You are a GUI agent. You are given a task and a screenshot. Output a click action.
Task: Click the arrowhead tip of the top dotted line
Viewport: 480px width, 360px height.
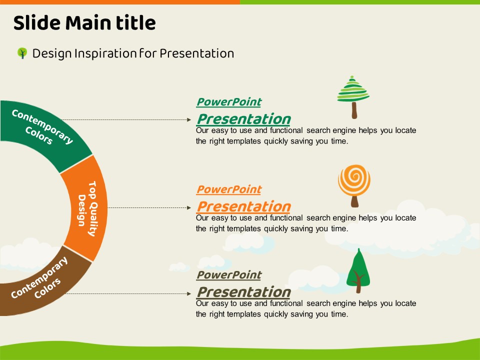tap(191, 119)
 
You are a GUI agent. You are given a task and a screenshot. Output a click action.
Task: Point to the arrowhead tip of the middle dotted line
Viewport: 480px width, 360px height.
tap(191, 208)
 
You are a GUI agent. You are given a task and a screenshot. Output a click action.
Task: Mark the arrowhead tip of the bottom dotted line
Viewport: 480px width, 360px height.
tap(191, 293)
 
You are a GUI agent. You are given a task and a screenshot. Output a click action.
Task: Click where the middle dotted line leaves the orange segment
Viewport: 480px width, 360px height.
tap(107, 208)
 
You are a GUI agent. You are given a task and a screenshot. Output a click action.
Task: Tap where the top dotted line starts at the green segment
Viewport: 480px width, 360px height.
tap(61, 119)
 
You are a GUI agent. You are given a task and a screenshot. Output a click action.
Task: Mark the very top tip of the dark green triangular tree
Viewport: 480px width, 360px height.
tap(359, 248)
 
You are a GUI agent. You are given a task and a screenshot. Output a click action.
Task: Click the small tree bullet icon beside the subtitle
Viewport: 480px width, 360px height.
tap(22, 53)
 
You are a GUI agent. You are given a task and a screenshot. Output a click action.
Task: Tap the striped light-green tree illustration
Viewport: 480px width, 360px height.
tap(353, 97)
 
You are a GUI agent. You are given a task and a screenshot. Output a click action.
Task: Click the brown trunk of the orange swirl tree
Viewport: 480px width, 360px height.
tap(355, 201)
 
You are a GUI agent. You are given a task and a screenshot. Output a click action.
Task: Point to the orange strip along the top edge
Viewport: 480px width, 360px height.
tap(120, 2)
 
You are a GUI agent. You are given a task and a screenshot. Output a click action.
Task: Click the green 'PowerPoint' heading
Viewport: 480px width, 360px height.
tap(229, 102)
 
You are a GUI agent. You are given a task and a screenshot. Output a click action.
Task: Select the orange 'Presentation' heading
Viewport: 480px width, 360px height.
tap(243, 206)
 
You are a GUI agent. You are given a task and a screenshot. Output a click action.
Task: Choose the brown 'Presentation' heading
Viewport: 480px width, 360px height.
tap(243, 292)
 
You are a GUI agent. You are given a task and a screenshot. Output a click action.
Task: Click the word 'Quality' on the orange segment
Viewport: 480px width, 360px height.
tap(93, 218)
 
